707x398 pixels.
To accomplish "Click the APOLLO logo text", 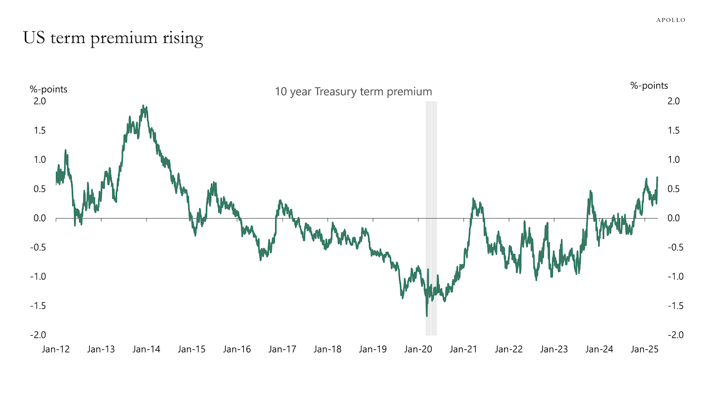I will (670, 20).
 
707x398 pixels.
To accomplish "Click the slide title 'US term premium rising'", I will (113, 38).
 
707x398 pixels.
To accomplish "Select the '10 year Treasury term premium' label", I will (353, 92).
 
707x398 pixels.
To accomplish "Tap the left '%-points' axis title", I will (48, 89).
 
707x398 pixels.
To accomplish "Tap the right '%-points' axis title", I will (649, 86).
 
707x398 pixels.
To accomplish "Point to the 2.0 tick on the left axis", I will (40, 101).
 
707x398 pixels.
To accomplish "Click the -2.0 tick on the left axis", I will (38, 335).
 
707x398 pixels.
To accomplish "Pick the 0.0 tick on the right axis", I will (673, 218).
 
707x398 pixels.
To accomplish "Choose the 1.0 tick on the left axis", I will (40, 160).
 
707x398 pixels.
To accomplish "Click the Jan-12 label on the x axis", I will (55, 349).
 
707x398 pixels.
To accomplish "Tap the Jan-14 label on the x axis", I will (146, 349).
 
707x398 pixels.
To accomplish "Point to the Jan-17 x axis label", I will (282, 349).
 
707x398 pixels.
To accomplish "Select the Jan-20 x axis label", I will (418, 349).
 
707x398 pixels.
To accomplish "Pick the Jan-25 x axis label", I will (644, 349).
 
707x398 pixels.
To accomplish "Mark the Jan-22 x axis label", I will (509, 349).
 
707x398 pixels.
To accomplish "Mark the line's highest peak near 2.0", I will (143, 106).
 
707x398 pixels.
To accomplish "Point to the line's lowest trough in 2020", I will (426, 316).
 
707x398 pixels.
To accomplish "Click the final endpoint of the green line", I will (657, 177).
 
